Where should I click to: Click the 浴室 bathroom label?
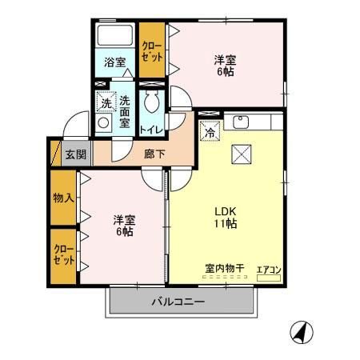[x=114, y=62]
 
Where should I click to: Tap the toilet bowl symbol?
[x=153, y=102]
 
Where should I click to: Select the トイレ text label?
[x=152, y=128]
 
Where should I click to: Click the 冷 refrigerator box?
[x=208, y=133]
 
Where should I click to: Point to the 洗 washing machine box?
[x=104, y=102]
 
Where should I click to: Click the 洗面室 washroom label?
[x=126, y=113]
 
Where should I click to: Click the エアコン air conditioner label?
[x=269, y=270]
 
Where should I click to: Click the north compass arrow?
[x=302, y=330]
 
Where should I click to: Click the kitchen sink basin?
[x=241, y=122]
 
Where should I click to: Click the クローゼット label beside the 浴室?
[x=151, y=52]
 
